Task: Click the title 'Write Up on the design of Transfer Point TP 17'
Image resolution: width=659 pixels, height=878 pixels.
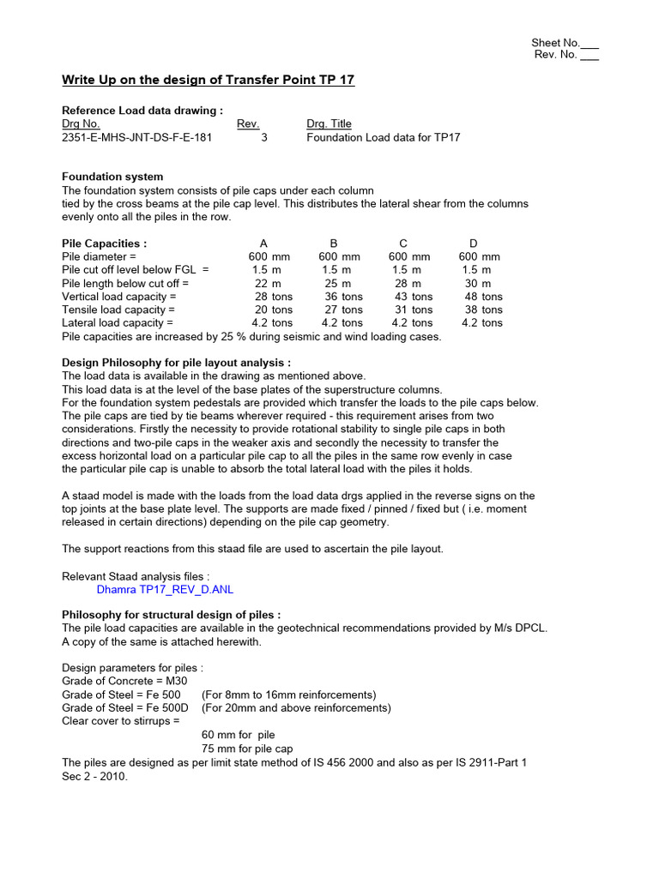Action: (208, 81)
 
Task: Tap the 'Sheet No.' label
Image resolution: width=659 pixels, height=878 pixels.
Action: (555, 43)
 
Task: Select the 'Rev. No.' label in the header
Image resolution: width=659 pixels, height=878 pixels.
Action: (557, 55)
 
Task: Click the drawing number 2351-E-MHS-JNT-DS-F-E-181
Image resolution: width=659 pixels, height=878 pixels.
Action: (136, 137)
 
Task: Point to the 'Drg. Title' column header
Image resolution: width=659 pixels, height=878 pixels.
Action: (329, 124)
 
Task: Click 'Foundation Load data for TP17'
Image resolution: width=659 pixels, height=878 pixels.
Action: (383, 137)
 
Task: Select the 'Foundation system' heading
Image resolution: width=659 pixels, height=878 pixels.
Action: (112, 177)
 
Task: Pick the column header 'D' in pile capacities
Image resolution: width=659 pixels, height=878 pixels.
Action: (473, 244)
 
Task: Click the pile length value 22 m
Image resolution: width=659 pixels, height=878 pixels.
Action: (268, 283)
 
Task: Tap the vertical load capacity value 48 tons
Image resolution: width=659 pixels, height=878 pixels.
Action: (483, 297)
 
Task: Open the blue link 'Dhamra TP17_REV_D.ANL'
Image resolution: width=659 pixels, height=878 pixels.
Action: (165, 590)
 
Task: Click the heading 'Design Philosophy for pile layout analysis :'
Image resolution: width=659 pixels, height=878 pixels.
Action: (176, 363)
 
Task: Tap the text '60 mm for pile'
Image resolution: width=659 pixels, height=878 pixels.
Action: (238, 735)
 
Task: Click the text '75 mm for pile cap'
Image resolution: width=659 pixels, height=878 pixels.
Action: (247, 749)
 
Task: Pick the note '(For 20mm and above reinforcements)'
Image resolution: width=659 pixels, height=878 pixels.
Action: (296, 707)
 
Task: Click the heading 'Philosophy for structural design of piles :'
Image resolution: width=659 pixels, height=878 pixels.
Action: (171, 615)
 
